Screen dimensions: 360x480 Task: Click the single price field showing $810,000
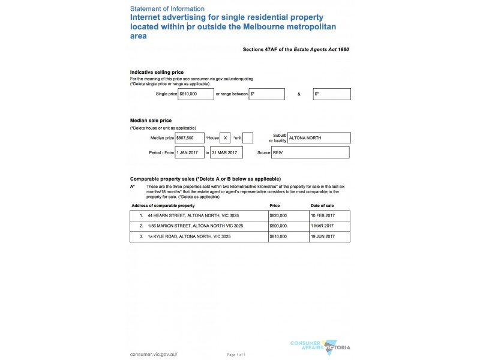click(196, 94)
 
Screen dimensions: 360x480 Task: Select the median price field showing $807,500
click(190, 138)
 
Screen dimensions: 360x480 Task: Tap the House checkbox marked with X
click(225, 138)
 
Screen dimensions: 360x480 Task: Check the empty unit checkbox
click(247, 138)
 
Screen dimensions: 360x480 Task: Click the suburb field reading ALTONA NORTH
click(319, 138)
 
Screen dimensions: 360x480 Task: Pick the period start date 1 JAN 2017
click(190, 153)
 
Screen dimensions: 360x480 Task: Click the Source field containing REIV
click(310, 153)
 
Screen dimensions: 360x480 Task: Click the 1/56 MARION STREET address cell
click(195, 226)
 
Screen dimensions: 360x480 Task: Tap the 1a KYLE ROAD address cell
click(188, 236)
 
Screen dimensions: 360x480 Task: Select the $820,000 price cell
click(278, 215)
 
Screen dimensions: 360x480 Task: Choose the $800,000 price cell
click(278, 226)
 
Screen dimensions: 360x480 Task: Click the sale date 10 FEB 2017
click(322, 215)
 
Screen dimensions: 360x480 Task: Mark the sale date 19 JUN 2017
click(322, 236)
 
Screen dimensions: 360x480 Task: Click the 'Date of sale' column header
click(322, 206)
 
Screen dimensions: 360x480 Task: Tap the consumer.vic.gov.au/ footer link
click(154, 355)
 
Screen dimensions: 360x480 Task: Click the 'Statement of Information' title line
click(167, 9)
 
